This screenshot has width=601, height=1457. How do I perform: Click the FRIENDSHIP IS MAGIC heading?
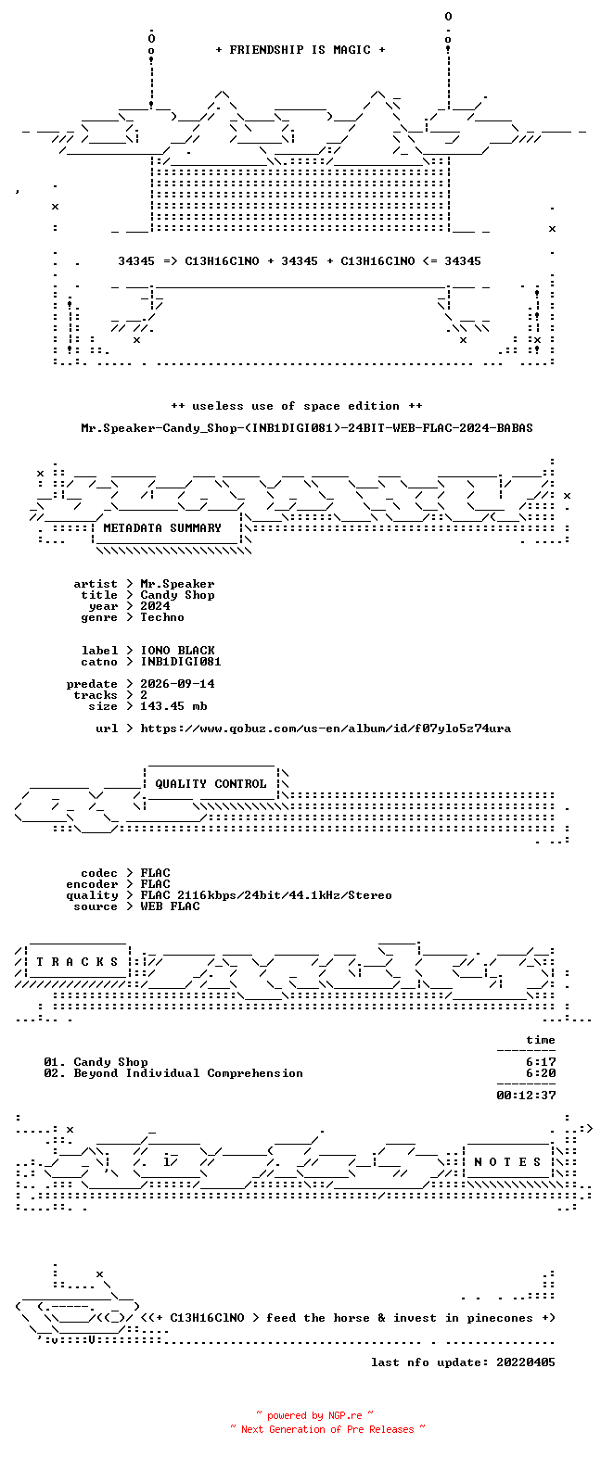pyautogui.click(x=300, y=50)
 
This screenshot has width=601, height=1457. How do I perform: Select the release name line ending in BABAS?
pyautogui.click(x=307, y=428)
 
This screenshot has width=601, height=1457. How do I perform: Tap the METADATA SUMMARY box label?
pyautogui.click(x=162, y=528)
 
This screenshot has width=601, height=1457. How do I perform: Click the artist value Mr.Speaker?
pyautogui.click(x=177, y=584)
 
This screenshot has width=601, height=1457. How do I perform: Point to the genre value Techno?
pyautogui.click(x=162, y=617)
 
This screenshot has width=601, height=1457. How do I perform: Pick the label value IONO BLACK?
pyautogui.click(x=177, y=651)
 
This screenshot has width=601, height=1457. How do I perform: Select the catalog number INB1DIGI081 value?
pyautogui.click(x=181, y=662)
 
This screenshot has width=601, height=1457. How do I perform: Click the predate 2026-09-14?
pyautogui.click(x=177, y=684)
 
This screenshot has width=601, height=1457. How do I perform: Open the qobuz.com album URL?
pyautogui.click(x=326, y=728)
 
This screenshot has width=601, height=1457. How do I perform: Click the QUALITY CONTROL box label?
pyautogui.click(x=211, y=784)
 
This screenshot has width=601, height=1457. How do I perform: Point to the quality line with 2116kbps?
pyautogui.click(x=266, y=895)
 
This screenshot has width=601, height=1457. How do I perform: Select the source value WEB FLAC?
pyautogui.click(x=170, y=906)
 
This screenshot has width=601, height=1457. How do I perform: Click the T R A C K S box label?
pyautogui.click(x=77, y=962)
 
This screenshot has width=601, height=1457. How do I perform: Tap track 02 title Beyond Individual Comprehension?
pyautogui.click(x=188, y=1073)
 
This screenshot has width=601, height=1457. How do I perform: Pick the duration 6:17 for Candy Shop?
pyautogui.click(x=541, y=1062)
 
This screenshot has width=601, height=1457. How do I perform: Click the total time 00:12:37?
pyautogui.click(x=526, y=1096)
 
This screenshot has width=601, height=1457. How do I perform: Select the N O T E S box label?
pyautogui.click(x=507, y=1162)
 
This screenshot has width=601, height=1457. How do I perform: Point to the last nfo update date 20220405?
pyautogui.click(x=526, y=1362)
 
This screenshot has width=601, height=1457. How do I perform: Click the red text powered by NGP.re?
pyautogui.click(x=314, y=1415)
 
